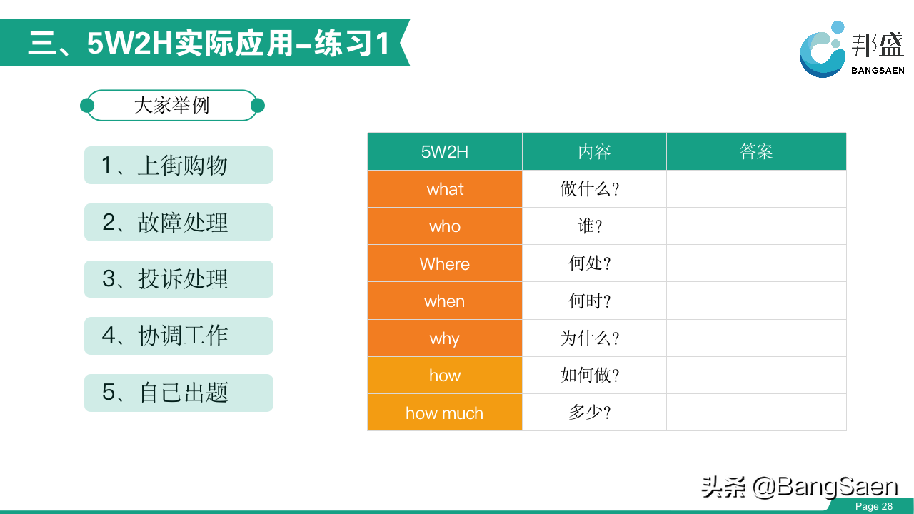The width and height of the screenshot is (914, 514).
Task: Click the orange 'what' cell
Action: click(x=445, y=189)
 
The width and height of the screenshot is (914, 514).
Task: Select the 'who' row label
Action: click(x=445, y=226)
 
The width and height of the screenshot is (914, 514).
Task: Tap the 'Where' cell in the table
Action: click(x=445, y=263)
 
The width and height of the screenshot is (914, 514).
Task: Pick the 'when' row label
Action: click(x=445, y=301)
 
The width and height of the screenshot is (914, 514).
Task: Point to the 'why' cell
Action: click(x=445, y=338)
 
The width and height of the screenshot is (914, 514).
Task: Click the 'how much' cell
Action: click(x=445, y=413)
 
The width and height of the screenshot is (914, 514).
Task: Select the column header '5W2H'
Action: click(x=445, y=151)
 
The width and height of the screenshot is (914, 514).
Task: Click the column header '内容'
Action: click(x=595, y=151)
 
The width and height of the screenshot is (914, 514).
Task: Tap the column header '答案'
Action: click(x=756, y=151)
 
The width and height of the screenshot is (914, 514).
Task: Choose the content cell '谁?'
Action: click(x=595, y=226)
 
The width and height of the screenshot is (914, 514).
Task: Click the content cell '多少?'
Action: click(x=595, y=413)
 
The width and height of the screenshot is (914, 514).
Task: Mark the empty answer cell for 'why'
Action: click(x=756, y=338)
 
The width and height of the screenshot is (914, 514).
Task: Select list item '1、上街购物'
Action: click(x=179, y=165)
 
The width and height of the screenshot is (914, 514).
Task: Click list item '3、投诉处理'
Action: click(x=179, y=279)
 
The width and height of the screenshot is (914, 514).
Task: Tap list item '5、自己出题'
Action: click(x=179, y=393)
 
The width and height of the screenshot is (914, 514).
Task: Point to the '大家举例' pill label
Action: click(x=172, y=105)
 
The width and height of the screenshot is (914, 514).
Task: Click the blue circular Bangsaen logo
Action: click(x=822, y=50)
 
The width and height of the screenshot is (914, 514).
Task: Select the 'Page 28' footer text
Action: click(x=874, y=506)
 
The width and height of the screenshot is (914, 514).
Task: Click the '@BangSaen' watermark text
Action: click(x=825, y=487)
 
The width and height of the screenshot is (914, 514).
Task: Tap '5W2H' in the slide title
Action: click(x=130, y=44)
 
